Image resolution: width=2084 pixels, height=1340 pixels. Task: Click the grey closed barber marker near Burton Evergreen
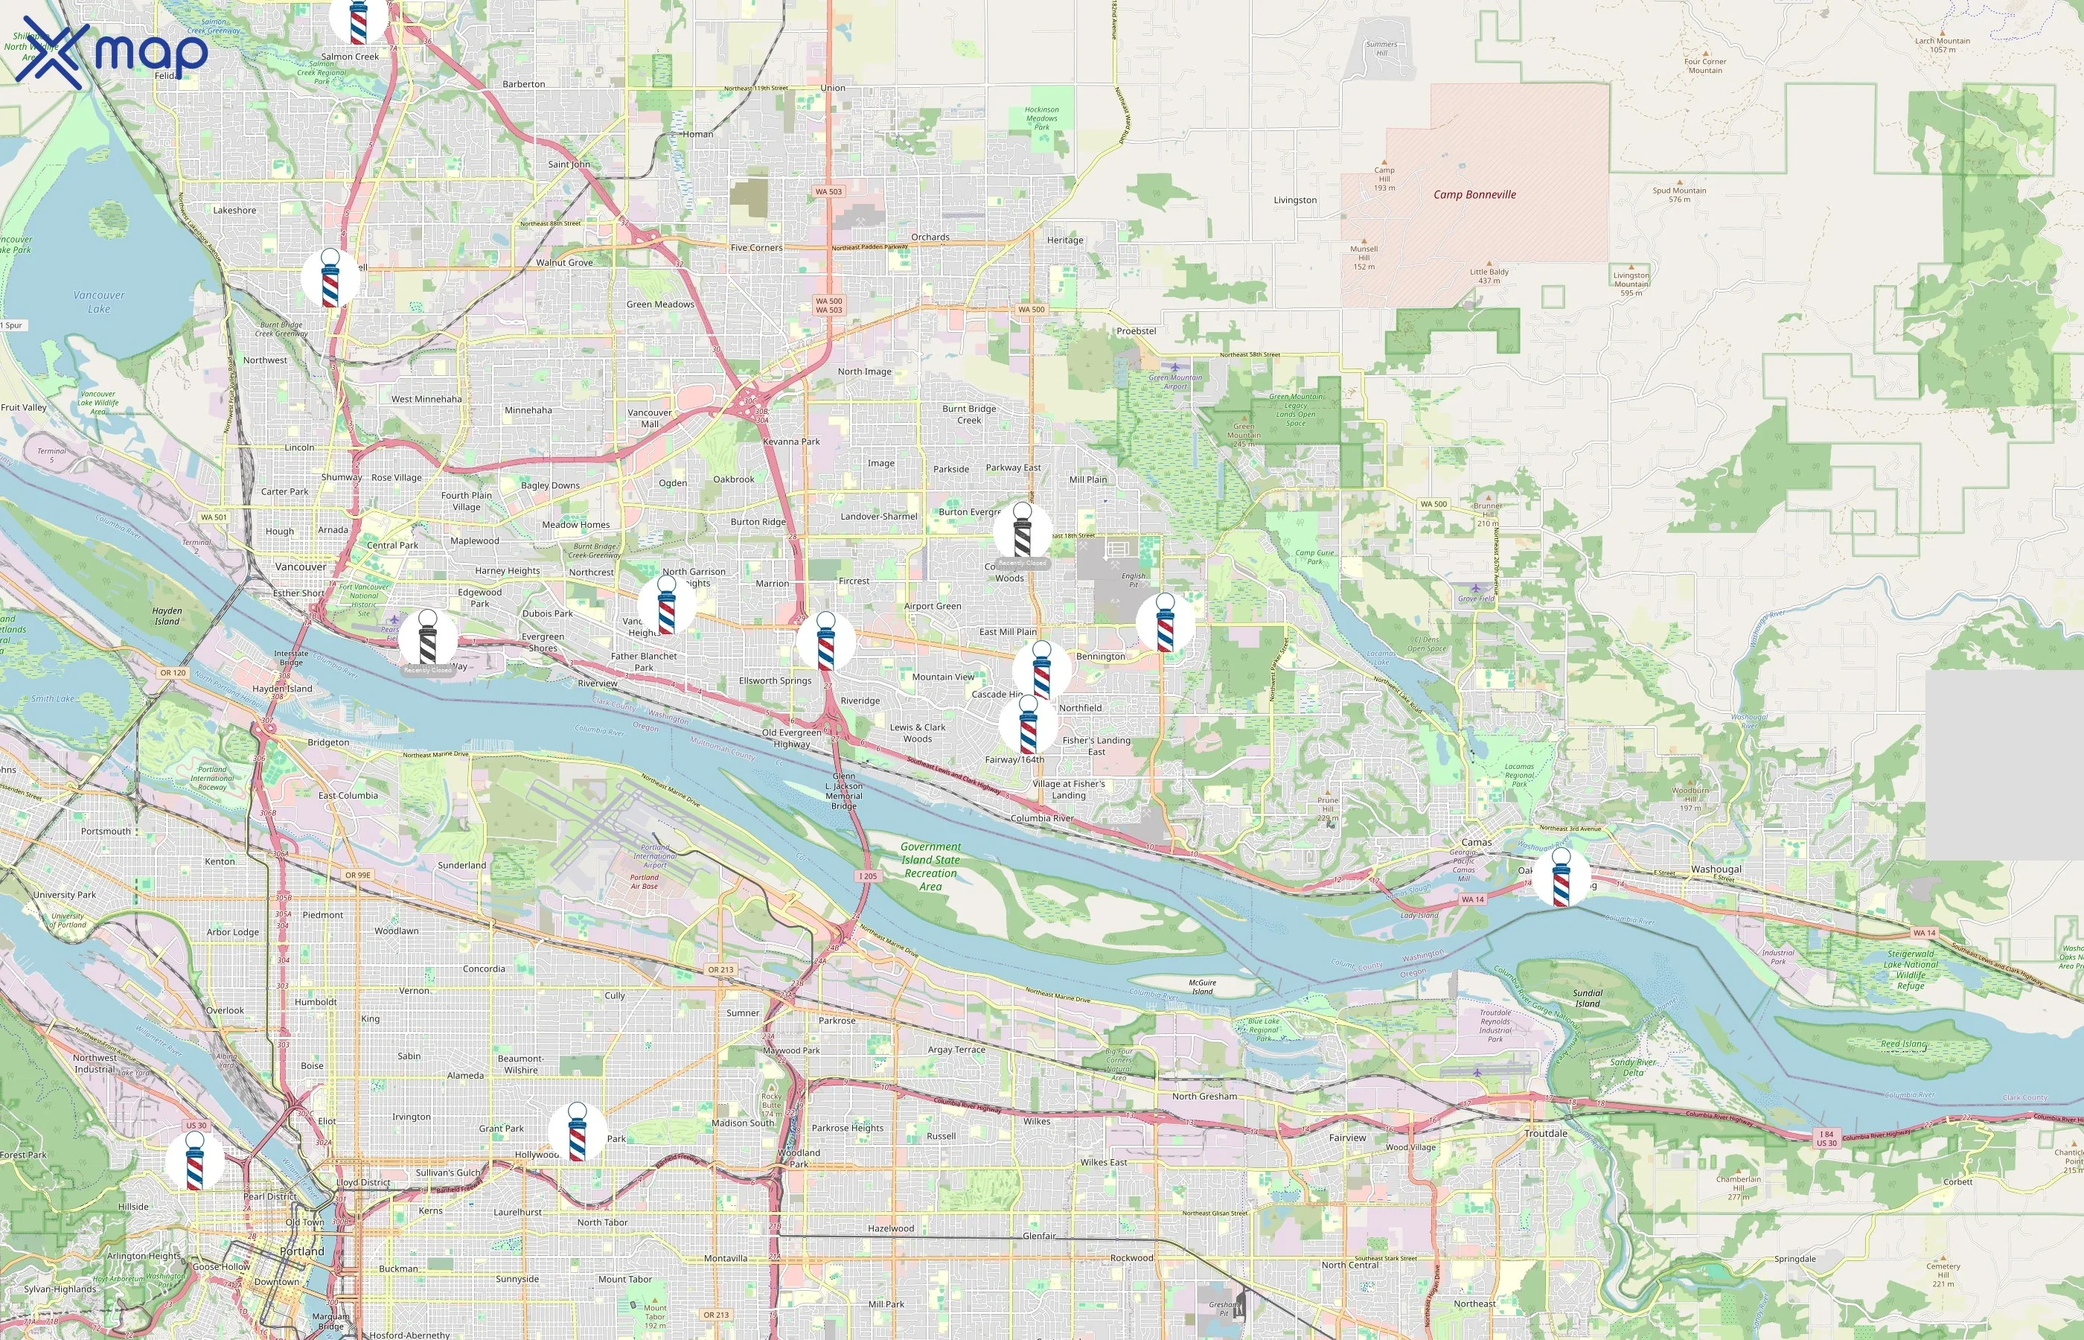[1022, 532]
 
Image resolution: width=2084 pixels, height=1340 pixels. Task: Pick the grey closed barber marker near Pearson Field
[427, 639]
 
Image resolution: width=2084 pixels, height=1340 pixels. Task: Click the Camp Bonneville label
[1474, 195]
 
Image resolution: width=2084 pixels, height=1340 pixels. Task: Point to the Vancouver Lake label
[99, 302]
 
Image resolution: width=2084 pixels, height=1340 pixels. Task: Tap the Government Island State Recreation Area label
[930, 866]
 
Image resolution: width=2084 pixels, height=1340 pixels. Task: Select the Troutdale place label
[1546, 1133]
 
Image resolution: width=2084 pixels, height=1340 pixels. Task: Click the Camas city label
[1476, 842]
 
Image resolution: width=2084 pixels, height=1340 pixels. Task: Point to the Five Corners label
[756, 248]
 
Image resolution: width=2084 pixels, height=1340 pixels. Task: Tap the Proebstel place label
[1136, 331]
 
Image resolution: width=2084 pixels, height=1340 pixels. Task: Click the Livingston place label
[1295, 200]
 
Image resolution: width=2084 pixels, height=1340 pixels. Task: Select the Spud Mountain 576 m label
[1678, 194]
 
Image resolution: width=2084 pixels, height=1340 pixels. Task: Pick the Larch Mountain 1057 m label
[1943, 45]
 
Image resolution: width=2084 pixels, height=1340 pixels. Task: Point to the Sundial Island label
[1588, 998]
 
